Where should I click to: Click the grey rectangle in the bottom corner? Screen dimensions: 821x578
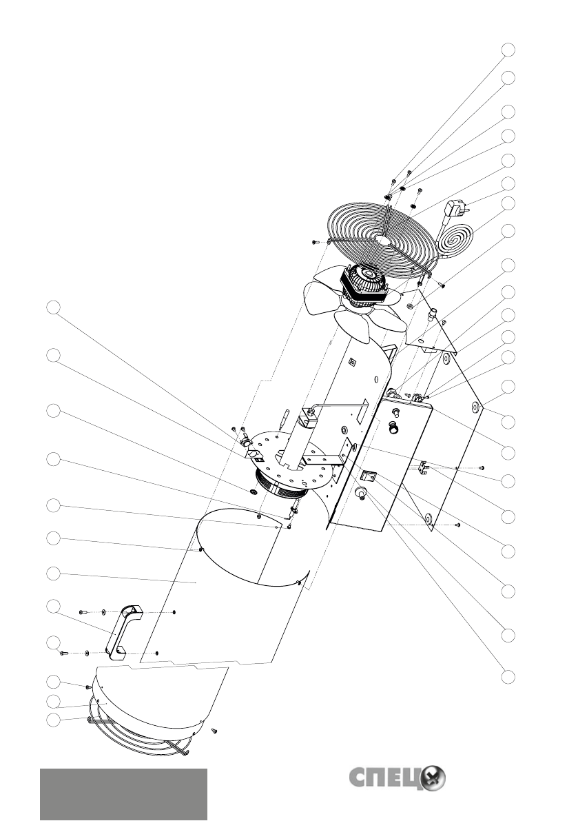(x=123, y=794)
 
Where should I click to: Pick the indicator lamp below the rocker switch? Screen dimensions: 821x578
(x=360, y=494)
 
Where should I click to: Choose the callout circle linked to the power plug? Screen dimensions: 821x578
(x=508, y=183)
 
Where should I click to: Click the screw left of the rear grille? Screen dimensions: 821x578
(x=315, y=242)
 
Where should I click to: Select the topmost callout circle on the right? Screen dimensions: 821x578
(x=508, y=50)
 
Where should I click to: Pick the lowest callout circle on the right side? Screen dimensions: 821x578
(x=508, y=676)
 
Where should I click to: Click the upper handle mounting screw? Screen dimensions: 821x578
(x=82, y=611)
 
